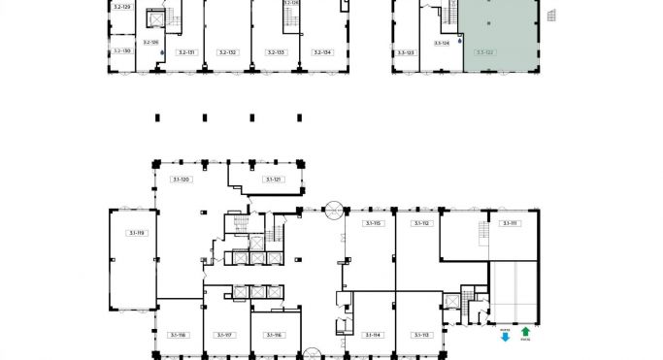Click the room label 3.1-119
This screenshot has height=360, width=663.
coord(135,233)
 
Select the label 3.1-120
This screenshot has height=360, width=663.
coord(181,180)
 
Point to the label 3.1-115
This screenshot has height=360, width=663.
coord(373,223)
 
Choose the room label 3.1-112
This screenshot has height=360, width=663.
coord(420,223)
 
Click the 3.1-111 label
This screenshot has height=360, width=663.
coord(510,223)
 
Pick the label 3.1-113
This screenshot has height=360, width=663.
coord(420,335)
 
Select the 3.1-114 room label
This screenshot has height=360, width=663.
coord(373,335)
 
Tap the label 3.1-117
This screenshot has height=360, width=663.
coord(226,335)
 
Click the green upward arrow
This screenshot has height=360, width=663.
coord(525,332)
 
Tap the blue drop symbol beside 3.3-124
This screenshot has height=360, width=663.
coord(460,42)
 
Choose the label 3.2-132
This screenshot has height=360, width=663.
coord(228,52)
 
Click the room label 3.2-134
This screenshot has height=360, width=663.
coord(321,52)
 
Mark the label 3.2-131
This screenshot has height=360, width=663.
coord(185,52)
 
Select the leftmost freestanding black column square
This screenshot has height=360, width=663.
coord(157,118)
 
